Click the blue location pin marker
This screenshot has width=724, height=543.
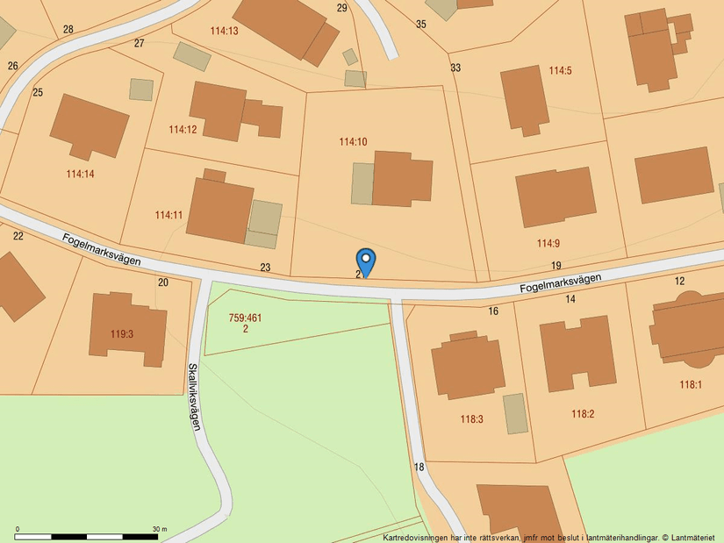[366, 261]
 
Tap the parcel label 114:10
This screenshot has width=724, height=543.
[353, 141]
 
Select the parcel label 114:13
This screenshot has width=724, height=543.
[225, 31]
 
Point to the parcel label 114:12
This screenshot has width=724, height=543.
[183, 130]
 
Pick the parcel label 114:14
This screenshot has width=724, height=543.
[80, 174]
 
